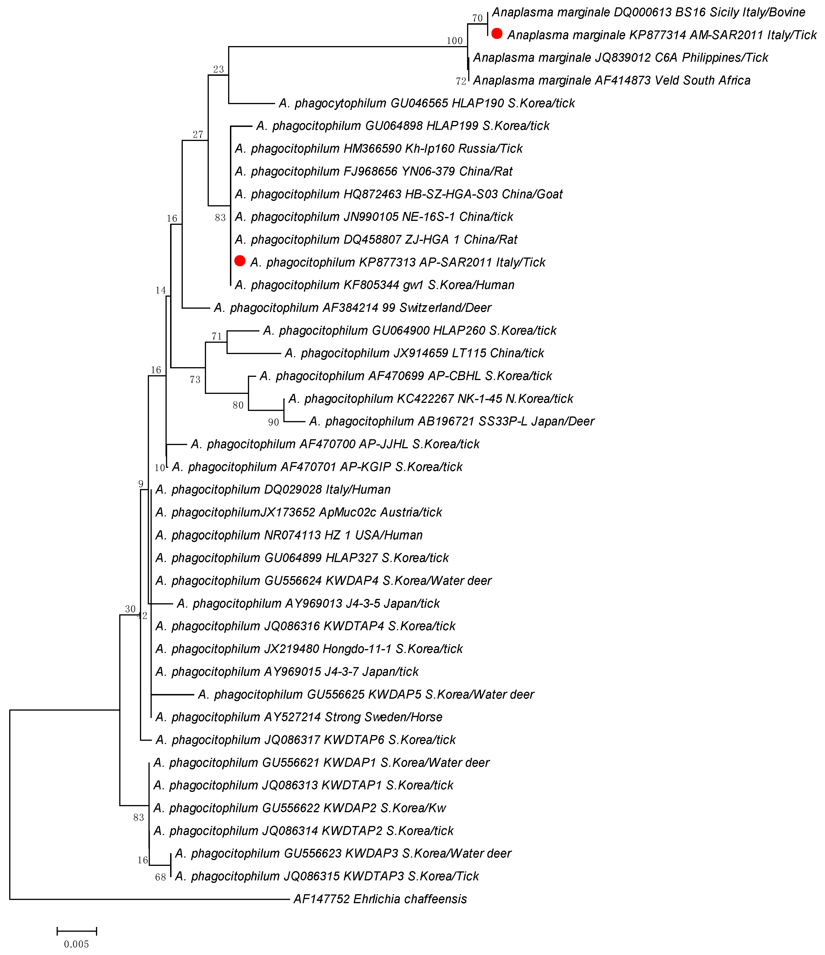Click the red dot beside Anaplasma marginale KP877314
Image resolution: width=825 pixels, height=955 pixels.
(x=497, y=34)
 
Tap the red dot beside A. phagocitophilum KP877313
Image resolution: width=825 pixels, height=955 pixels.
(x=240, y=261)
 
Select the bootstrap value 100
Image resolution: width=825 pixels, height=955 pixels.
(x=454, y=41)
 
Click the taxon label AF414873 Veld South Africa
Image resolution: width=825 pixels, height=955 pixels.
(x=612, y=80)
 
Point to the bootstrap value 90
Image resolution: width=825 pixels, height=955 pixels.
(x=274, y=422)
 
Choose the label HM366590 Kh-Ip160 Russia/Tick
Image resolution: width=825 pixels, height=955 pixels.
(x=379, y=148)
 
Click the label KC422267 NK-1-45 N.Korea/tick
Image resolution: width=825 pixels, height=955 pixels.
(x=431, y=399)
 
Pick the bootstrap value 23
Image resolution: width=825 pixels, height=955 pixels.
(x=218, y=69)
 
